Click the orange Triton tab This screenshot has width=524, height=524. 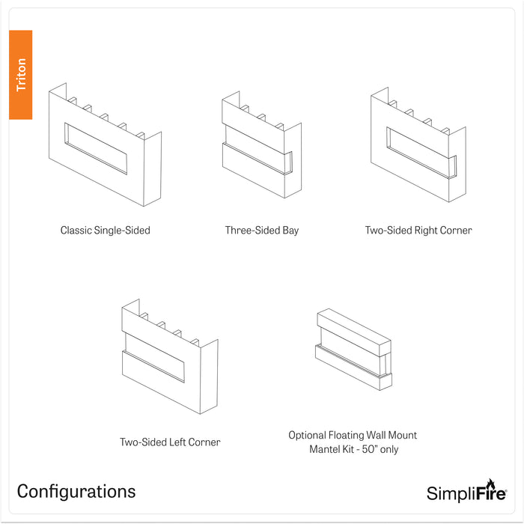tap(20, 75)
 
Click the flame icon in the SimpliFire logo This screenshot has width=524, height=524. tap(490, 484)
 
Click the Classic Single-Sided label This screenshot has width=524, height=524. tap(106, 231)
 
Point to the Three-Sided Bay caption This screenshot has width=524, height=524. tap(262, 231)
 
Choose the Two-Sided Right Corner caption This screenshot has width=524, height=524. tap(418, 231)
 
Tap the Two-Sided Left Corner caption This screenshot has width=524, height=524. tap(170, 442)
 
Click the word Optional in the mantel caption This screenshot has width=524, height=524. tap(308, 435)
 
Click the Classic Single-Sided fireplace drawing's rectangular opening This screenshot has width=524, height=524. tap(96, 148)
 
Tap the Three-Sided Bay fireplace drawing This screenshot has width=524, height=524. tap(262, 144)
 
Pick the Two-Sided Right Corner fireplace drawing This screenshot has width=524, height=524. tap(418, 144)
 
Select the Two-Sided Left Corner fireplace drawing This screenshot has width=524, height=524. tap(170, 356)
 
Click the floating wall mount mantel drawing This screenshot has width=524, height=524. tap(353, 349)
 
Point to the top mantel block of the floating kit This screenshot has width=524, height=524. tap(354, 332)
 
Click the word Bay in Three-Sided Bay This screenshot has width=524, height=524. tap(290, 231)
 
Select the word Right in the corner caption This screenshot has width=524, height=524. tap(425, 231)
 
